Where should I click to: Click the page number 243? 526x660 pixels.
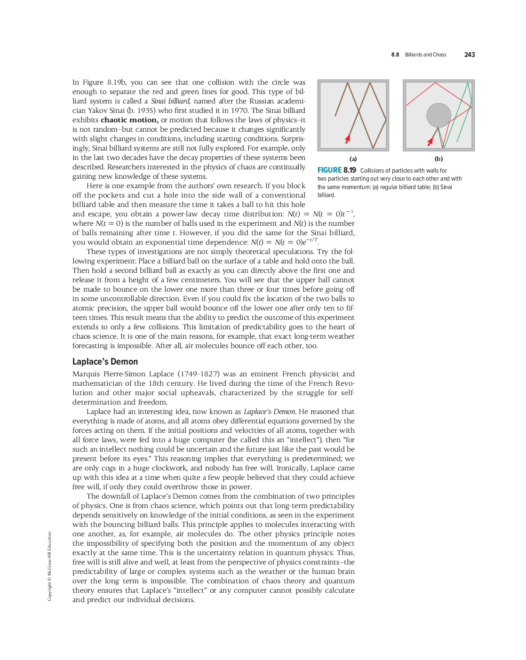pyautogui.click(x=469, y=55)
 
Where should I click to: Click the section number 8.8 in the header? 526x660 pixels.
pyautogui.click(x=395, y=55)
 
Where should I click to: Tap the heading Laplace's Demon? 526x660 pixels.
pyautogui.click(x=105, y=361)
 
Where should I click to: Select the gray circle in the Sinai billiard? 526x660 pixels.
pyautogui.click(x=438, y=115)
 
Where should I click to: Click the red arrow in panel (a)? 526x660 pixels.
pyautogui.click(x=348, y=138)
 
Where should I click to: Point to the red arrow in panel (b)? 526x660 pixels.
pyautogui.click(x=430, y=141)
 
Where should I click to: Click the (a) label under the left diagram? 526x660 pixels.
pyautogui.click(x=353, y=159)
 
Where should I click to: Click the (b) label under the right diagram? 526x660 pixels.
pyautogui.click(x=438, y=159)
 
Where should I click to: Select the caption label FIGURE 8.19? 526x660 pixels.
pyautogui.click(x=336, y=170)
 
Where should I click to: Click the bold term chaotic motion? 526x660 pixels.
pyautogui.click(x=129, y=120)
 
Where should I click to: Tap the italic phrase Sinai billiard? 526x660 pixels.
pyautogui.click(x=170, y=101)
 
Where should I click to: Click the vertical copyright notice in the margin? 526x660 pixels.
pyautogui.click(x=49, y=566)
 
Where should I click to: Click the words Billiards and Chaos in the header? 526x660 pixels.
pyautogui.click(x=425, y=55)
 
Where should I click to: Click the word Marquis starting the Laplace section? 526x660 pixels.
pyautogui.click(x=86, y=374)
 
